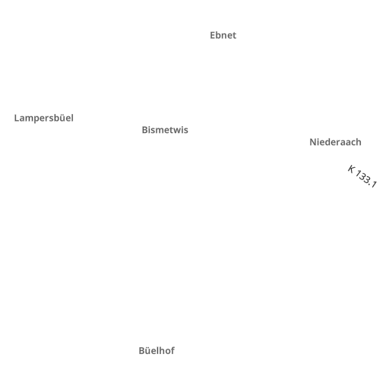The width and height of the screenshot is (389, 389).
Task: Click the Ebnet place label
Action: pos(223,36)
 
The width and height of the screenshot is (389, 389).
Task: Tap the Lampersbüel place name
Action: pos(44,119)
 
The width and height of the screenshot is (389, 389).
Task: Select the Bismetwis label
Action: pos(165,130)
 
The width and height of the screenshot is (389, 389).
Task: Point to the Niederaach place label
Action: pos(335,142)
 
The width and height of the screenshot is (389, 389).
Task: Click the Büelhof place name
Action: pos(157,351)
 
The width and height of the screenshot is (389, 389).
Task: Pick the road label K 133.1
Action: pos(362,176)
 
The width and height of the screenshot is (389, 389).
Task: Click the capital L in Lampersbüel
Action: pos(17,118)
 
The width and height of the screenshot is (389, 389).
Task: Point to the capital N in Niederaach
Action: pos(313,142)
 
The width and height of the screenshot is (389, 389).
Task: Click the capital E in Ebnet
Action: pos(213,36)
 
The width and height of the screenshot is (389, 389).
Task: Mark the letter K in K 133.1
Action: pos(351,169)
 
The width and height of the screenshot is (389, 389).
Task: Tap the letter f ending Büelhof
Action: pos(172,350)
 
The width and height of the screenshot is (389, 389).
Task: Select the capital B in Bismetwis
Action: pos(145,130)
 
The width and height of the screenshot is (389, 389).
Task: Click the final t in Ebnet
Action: pos(234,36)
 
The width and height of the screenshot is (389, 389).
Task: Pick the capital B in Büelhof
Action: pos(142,351)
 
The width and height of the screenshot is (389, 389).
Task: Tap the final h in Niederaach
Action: pos(359,142)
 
